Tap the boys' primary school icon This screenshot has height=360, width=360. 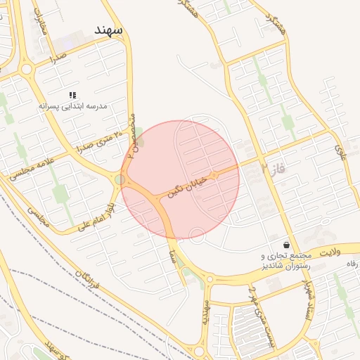(72, 95)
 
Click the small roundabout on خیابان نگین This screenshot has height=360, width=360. (214, 173)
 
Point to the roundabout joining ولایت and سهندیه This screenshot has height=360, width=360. (209, 279)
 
